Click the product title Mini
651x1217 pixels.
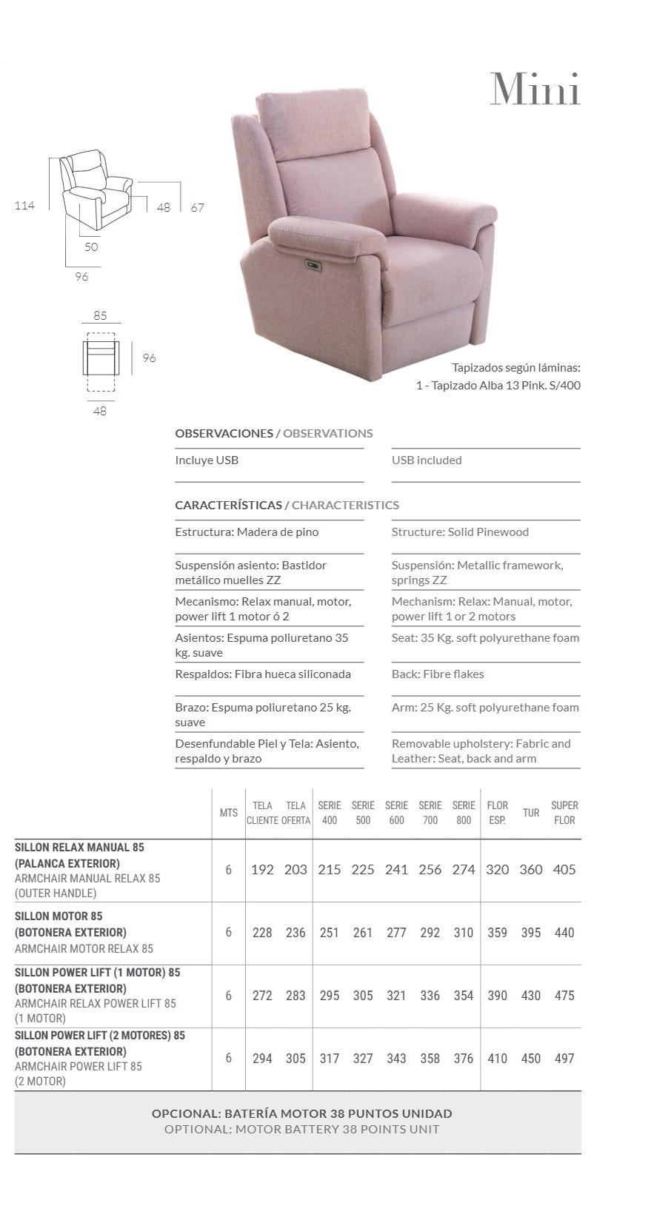[x=535, y=90]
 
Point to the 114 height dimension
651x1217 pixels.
[x=24, y=205]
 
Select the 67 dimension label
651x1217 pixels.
[x=197, y=208]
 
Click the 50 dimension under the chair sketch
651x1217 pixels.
[x=91, y=247]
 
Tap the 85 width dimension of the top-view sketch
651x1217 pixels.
[x=100, y=315]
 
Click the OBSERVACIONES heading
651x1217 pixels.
[x=224, y=433]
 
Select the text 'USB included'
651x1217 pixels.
[x=427, y=460]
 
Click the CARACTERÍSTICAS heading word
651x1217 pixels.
[x=228, y=505]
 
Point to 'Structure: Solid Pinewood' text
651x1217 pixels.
[x=460, y=532]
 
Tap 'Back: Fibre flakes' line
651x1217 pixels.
[x=438, y=674]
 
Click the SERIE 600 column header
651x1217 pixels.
[x=396, y=812]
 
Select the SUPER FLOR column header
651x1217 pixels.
[x=564, y=812]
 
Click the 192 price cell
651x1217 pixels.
[x=262, y=870]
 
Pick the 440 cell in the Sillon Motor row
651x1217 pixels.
[x=564, y=933]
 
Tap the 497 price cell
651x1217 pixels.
[x=564, y=1059]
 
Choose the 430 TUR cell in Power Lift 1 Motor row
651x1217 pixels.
[x=531, y=996]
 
